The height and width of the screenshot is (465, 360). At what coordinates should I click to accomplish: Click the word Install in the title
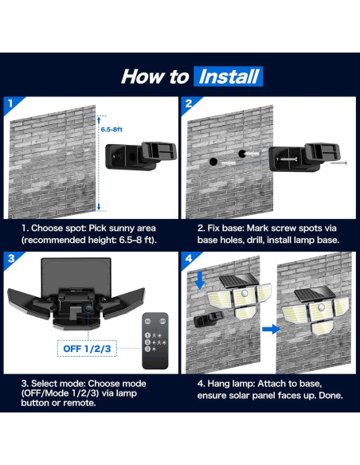pyautogui.click(x=229, y=76)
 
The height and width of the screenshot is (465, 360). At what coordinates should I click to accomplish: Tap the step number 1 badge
pyautogui.click(x=10, y=103)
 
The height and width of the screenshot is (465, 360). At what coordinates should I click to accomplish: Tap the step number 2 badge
pyautogui.click(x=189, y=103)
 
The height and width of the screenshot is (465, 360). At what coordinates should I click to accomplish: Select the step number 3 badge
pyautogui.click(x=10, y=259)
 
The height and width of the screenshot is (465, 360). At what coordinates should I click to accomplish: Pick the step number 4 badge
pyautogui.click(x=189, y=259)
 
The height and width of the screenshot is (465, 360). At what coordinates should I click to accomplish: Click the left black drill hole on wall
pyautogui.click(x=213, y=162)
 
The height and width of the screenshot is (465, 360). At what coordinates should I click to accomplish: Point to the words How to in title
pyautogui.click(x=155, y=76)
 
